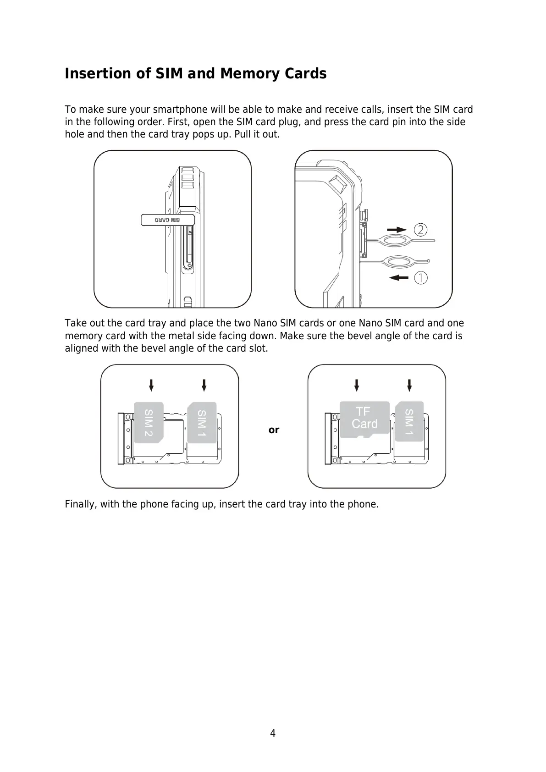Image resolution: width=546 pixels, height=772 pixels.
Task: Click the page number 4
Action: click(x=273, y=733)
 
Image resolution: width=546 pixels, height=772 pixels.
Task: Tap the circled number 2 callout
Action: click(x=421, y=229)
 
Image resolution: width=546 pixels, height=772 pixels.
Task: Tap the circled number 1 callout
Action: click(x=421, y=278)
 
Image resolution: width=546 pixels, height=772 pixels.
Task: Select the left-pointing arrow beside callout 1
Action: click(x=397, y=277)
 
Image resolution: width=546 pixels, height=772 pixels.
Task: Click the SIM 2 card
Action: click(x=149, y=422)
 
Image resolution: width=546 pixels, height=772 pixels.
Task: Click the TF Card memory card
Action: click(x=364, y=418)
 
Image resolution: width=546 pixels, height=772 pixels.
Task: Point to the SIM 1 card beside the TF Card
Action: click(x=409, y=421)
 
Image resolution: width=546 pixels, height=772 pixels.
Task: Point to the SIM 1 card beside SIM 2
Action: click(x=202, y=422)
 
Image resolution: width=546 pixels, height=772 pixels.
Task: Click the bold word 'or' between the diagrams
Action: click(x=274, y=430)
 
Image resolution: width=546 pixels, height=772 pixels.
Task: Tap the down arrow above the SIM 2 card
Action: click(x=151, y=385)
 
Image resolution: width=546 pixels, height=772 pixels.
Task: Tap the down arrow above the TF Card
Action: click(x=357, y=385)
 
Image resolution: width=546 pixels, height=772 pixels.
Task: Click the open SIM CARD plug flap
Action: click(x=167, y=220)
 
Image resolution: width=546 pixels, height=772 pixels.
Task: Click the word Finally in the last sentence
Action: click(x=81, y=504)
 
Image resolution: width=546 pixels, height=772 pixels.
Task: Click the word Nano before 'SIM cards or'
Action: click(x=265, y=323)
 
